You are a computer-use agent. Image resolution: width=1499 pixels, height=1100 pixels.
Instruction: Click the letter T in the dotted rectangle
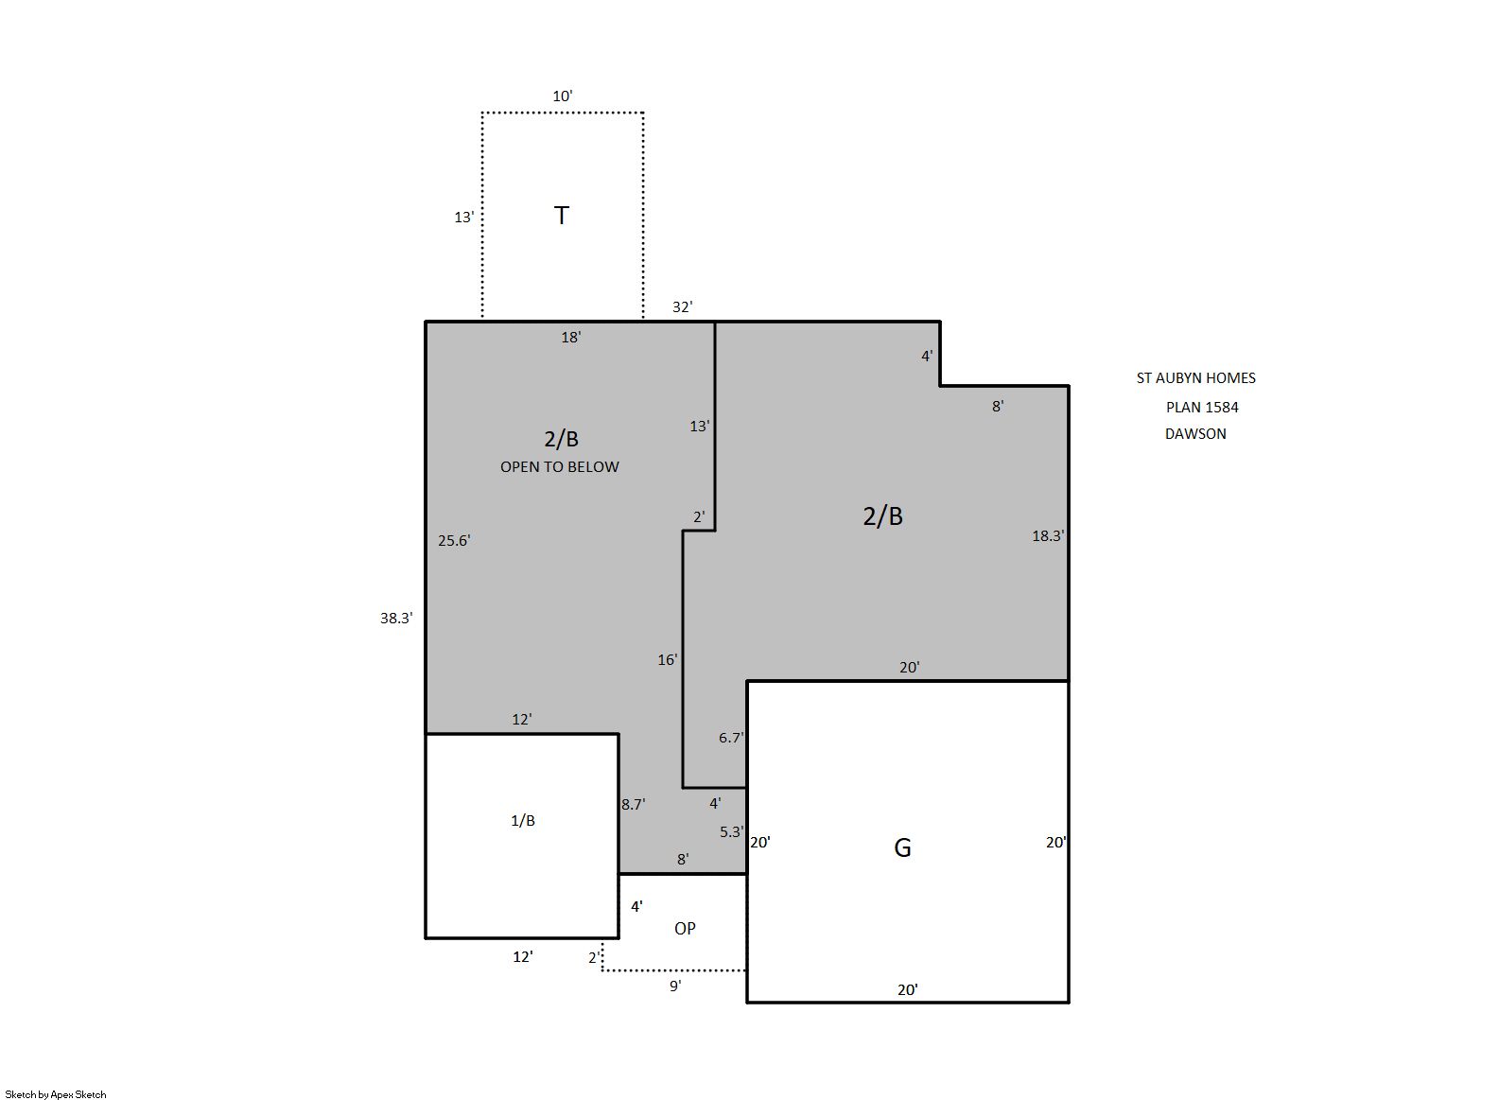[x=562, y=216]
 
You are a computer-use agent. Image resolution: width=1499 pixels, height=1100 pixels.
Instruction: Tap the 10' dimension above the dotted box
[x=562, y=96]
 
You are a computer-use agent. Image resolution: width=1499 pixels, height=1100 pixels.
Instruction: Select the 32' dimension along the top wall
[x=683, y=307]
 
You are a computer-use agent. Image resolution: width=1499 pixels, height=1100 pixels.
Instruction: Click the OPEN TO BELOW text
[x=560, y=467]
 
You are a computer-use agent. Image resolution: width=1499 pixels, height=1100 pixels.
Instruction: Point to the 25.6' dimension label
[x=454, y=541]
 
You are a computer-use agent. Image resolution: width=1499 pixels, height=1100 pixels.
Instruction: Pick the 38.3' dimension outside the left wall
[x=397, y=619]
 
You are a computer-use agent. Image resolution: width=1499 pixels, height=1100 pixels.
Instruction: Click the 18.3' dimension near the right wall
[x=1048, y=536]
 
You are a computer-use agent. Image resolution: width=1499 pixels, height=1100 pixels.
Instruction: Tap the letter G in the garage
[x=902, y=848]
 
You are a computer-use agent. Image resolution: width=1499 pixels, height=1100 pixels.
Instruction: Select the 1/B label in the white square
[x=523, y=821]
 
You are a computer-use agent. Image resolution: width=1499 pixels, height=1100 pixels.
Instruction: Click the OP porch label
[x=685, y=929]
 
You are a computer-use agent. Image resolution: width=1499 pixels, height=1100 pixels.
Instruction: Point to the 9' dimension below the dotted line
[x=676, y=987]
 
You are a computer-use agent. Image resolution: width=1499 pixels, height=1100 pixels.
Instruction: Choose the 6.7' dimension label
[x=731, y=738]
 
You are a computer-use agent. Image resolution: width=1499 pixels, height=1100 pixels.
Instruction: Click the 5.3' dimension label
[x=732, y=831]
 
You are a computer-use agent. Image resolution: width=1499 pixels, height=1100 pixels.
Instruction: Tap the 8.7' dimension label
[x=633, y=805]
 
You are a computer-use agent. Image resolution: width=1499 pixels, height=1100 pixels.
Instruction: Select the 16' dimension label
[x=667, y=660]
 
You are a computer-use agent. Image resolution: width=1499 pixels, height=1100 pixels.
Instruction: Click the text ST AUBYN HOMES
[x=1195, y=378]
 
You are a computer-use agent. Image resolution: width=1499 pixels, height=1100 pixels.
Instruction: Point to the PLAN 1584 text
[x=1202, y=408]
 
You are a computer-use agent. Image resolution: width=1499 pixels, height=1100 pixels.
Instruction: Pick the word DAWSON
[x=1195, y=434]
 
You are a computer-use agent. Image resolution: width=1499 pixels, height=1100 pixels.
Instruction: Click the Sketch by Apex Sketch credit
[x=56, y=1094]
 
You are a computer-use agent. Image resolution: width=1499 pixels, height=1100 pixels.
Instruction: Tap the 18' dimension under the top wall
[x=571, y=338]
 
